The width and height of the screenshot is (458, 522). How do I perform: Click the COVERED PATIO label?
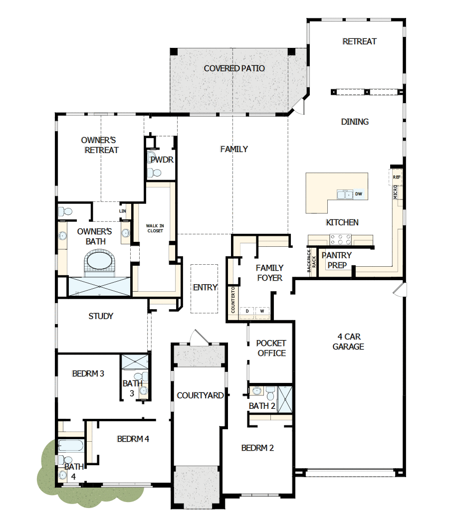(234, 68)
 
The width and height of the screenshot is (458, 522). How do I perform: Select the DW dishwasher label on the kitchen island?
(358, 194)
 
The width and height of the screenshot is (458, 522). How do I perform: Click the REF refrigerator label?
(397, 177)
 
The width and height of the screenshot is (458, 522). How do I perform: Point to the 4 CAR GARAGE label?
(348, 342)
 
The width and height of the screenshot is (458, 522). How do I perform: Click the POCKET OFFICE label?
(271, 348)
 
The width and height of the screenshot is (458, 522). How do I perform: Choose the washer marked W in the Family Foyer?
(262, 312)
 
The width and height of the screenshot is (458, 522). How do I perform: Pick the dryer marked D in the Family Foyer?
(247, 312)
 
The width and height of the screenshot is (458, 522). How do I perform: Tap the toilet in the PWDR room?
(155, 173)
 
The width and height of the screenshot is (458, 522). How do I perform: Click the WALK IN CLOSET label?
(155, 228)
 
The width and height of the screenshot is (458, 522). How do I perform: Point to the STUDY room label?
(101, 316)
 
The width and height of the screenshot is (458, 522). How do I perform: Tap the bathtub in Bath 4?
(70, 445)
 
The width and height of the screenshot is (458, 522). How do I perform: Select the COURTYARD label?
(200, 395)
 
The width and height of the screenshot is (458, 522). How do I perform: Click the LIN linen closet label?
(122, 211)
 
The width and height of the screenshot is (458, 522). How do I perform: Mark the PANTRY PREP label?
(337, 260)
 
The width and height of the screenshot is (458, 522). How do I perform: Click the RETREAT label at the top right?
(359, 41)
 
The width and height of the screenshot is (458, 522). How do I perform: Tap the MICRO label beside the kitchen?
(396, 192)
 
